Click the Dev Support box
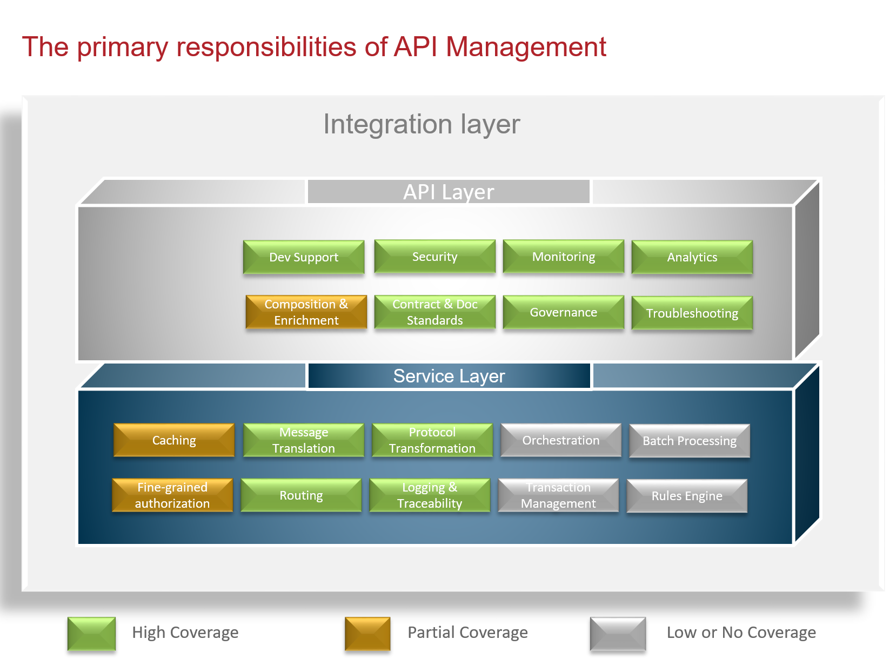[x=304, y=257]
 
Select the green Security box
[x=434, y=257]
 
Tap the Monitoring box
[x=563, y=257]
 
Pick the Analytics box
[x=692, y=257]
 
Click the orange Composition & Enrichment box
[x=306, y=312]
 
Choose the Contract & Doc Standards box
[x=434, y=312]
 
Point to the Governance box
[x=563, y=312]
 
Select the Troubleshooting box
[x=692, y=313]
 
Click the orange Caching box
[x=174, y=440]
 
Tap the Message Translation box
[x=304, y=440]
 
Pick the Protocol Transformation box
[x=432, y=440]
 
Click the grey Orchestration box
[x=561, y=440]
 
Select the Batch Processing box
[x=690, y=441]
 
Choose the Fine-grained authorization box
[x=172, y=495]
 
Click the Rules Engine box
[x=687, y=496]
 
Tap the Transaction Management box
[x=558, y=495]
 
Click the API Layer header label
[x=449, y=192]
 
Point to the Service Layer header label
[x=449, y=376]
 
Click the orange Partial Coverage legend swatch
[x=367, y=634]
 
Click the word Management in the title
[x=526, y=47]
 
